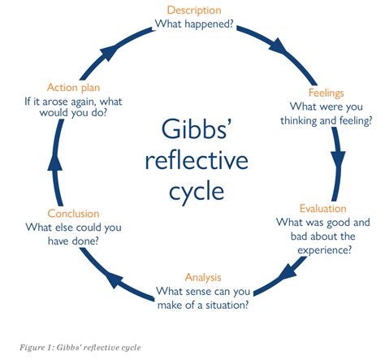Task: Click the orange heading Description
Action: pos(194,11)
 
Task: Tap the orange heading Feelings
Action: pos(327,93)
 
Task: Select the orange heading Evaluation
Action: pos(323,209)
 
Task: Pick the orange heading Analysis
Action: pos(203,277)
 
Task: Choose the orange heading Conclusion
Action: pos(73,214)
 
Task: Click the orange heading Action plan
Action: pos(73,88)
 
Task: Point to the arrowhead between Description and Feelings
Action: pos(279,46)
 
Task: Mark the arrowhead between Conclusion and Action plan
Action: pos(55,163)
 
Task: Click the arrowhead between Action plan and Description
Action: pos(109,52)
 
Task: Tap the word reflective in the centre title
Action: pos(197,160)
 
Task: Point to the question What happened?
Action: pos(194,24)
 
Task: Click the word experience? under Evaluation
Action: pos(324,250)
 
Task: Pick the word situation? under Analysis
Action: pos(227,306)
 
